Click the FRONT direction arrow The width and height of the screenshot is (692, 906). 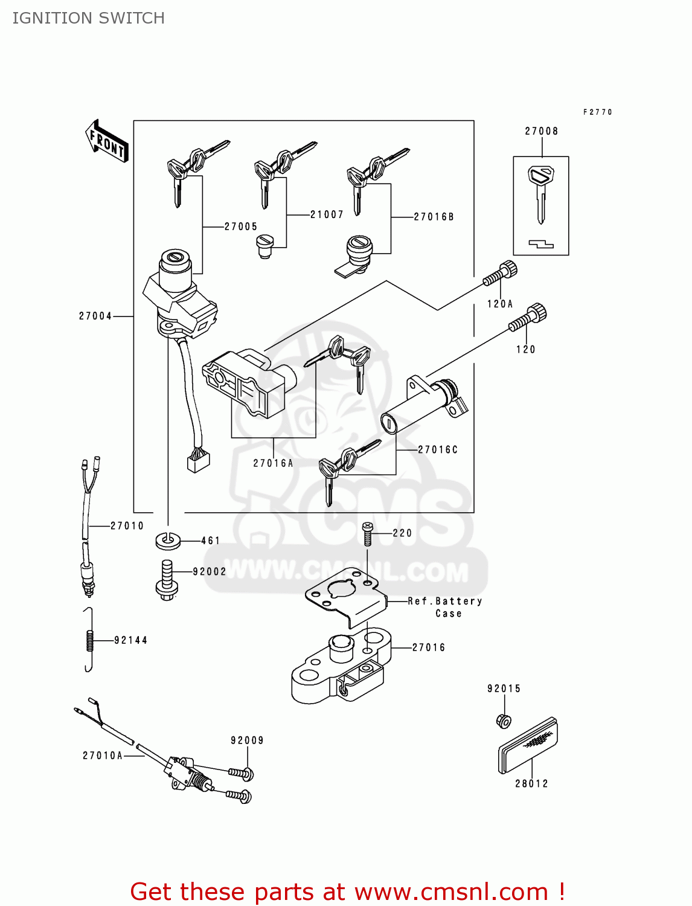(x=107, y=141)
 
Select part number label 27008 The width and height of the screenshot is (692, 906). (x=541, y=131)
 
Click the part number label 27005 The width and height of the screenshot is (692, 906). (x=241, y=226)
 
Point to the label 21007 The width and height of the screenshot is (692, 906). (x=327, y=214)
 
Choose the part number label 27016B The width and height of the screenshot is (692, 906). (x=434, y=216)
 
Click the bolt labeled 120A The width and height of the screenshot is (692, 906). (x=501, y=275)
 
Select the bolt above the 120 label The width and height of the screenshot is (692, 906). (x=529, y=318)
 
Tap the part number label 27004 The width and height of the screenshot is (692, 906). (x=95, y=316)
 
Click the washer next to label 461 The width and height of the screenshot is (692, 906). (x=168, y=541)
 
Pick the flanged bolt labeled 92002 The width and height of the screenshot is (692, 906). (x=167, y=580)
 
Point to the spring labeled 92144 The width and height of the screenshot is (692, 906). (x=89, y=640)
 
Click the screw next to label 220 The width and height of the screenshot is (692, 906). (x=367, y=534)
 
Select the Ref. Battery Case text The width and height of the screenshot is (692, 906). (x=446, y=607)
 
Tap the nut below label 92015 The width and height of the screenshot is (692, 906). (x=504, y=721)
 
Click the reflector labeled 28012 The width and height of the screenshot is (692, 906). (x=528, y=746)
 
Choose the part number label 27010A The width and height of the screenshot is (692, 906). (x=102, y=756)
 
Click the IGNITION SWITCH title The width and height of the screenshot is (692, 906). (x=88, y=18)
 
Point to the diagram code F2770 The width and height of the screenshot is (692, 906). (x=597, y=112)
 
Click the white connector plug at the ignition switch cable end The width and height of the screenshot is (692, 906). (x=198, y=461)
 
